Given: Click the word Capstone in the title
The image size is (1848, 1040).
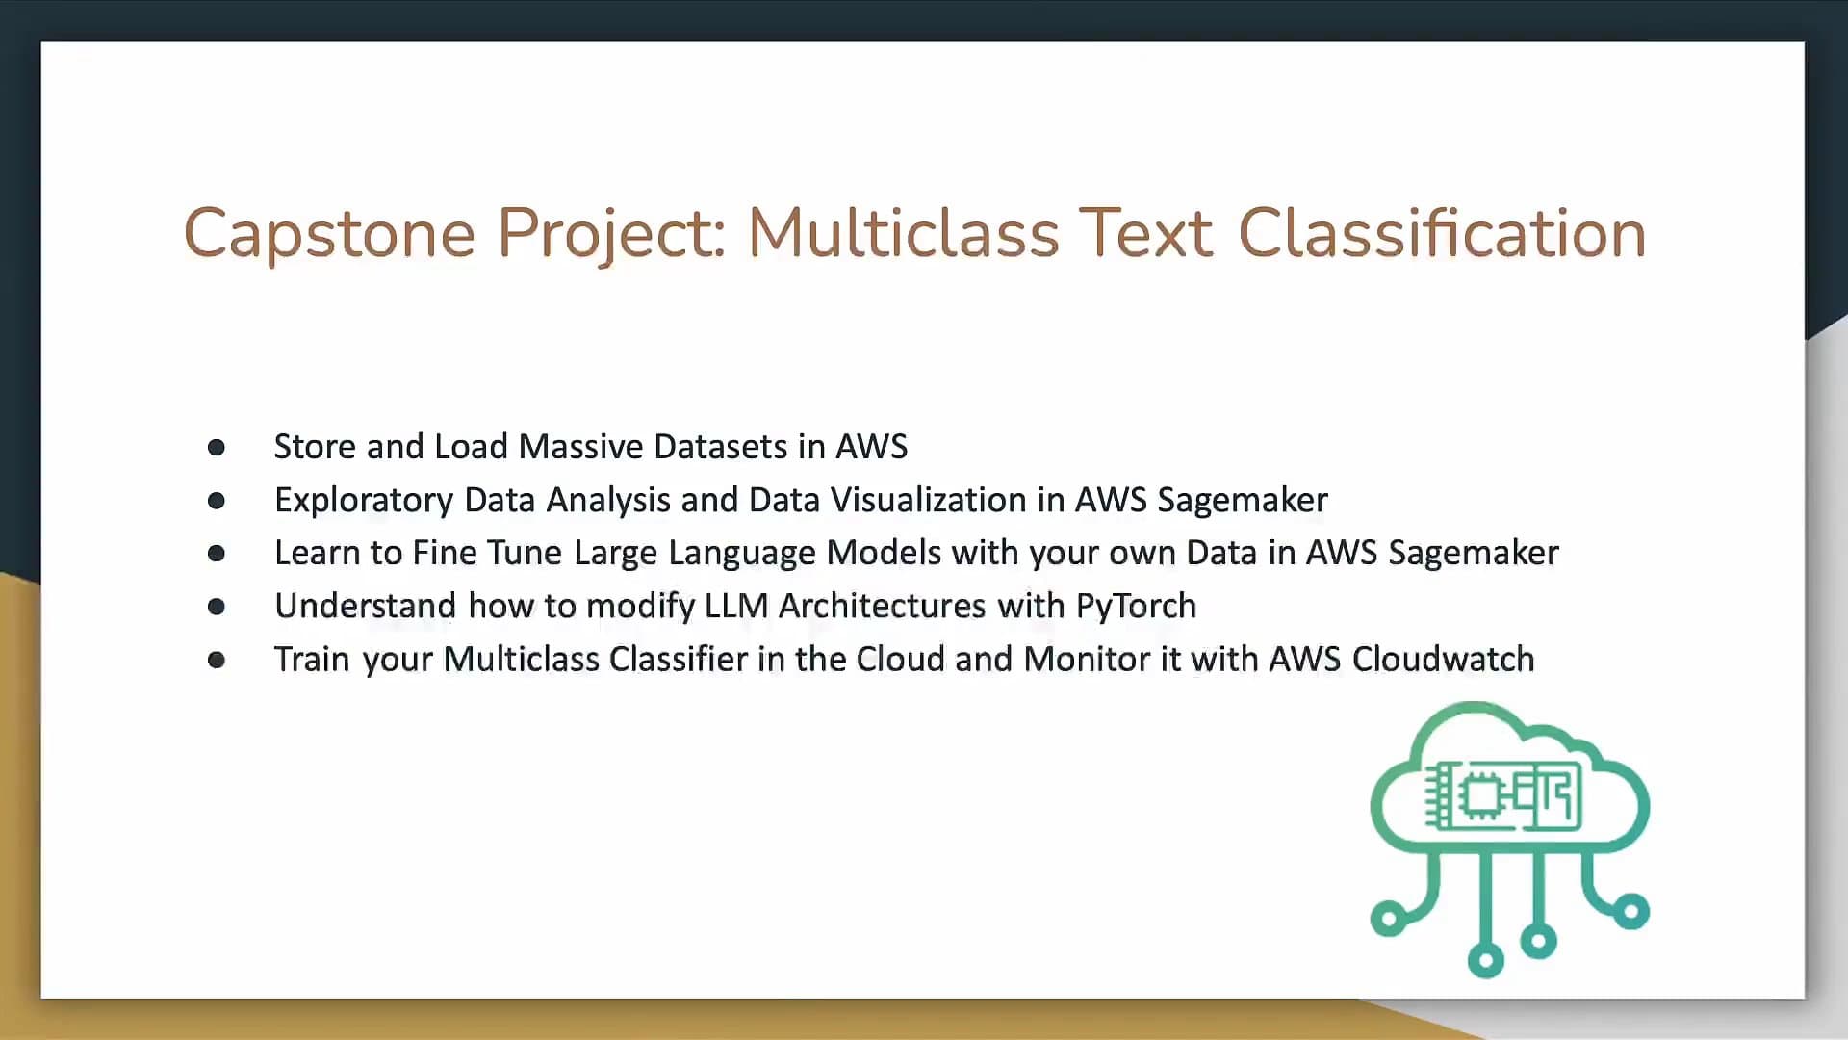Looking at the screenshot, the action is coord(329,234).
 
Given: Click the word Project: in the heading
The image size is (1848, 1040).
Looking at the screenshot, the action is coord(611,234).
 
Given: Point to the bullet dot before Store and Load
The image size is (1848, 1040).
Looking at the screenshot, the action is coord(217,447).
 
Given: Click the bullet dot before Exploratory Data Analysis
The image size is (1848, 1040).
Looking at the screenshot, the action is coord(217,500).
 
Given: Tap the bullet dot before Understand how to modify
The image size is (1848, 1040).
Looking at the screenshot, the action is coord(217,606).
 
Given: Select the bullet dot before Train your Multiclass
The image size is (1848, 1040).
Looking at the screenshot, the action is coord(217,660).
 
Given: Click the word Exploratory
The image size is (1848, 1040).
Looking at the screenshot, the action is coord(364,501).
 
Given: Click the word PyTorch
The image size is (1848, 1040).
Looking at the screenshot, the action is coord(1136,607).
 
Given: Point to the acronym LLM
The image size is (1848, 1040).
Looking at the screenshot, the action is coord(736,606).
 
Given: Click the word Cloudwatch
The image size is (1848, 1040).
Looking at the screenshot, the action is coord(1443,659).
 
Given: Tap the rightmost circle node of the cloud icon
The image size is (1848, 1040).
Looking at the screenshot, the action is coord(1630,911).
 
